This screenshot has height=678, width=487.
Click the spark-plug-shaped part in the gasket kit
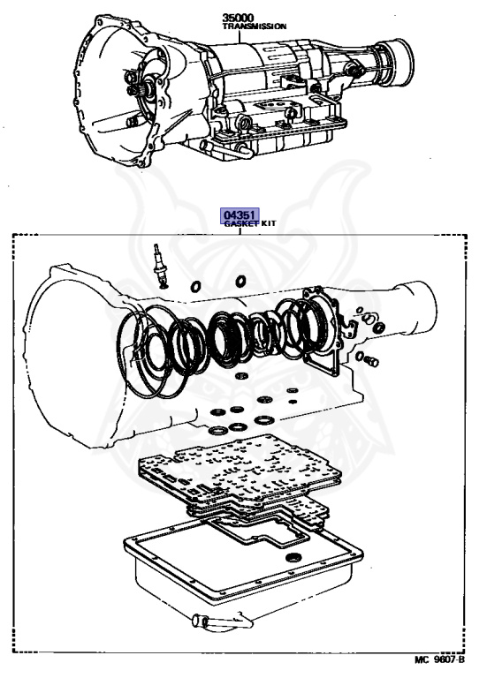click(x=160, y=266)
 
